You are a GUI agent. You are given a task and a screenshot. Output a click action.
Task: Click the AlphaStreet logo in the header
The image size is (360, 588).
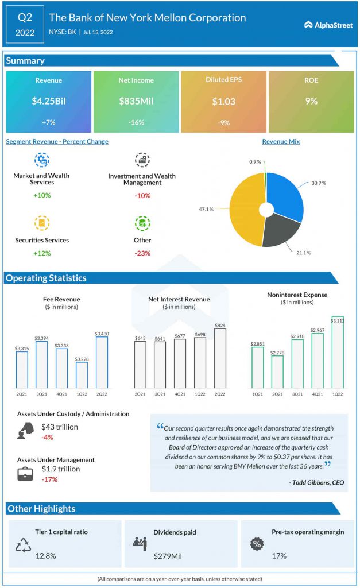pos(328,25)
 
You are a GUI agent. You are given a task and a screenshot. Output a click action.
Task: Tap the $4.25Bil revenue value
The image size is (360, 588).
pos(49,101)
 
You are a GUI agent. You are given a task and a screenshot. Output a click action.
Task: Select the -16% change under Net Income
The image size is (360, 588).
pos(136,122)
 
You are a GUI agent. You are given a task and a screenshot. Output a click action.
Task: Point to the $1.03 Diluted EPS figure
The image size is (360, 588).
pos(224,102)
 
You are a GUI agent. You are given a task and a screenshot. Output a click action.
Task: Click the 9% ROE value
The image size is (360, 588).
pos(311,101)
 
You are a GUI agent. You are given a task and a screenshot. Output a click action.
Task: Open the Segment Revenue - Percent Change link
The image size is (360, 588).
pos(57,141)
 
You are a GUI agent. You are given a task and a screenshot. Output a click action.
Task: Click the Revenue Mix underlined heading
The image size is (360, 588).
pos(281,141)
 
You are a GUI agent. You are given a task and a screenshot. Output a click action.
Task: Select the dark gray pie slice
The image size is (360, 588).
pos(281,232)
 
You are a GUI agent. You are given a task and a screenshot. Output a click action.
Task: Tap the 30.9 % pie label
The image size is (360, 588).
pos(319,183)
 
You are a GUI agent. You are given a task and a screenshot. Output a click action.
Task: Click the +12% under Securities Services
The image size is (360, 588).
pos(42,253)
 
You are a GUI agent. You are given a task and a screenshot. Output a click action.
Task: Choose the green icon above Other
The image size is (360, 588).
pos(142,223)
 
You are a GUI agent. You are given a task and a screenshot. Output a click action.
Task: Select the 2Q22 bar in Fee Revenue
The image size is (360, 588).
pos(102,362)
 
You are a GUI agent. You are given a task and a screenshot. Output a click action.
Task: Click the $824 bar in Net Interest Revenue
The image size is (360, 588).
pos(220,358)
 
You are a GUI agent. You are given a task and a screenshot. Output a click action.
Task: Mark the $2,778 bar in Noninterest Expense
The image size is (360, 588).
pos(277,372)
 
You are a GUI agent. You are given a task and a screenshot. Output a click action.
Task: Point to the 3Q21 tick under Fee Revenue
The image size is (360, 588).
pos(41,394)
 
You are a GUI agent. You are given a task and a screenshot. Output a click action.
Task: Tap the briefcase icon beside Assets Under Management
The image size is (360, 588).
pos(25,474)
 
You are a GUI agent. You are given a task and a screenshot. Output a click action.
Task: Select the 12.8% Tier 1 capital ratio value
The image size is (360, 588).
pos(46,556)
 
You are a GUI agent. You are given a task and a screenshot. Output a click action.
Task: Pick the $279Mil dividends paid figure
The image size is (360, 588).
pos(168,556)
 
